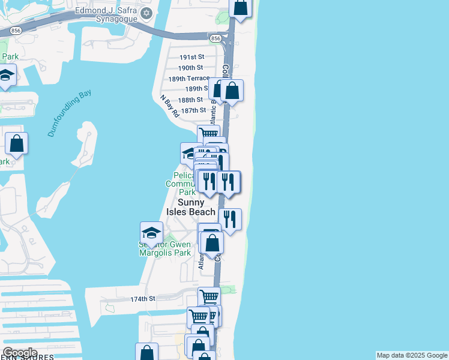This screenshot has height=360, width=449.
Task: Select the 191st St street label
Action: click(192, 57)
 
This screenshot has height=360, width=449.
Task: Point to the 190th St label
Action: click(191, 68)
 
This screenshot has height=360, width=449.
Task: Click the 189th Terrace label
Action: click(189, 79)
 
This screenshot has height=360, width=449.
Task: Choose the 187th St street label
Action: click(193, 110)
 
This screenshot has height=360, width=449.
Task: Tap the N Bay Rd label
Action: click(169, 106)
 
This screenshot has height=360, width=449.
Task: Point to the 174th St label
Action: click(143, 298)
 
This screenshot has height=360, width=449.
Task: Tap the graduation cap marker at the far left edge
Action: click(6, 76)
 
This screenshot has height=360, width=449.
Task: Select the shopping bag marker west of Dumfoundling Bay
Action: click(17, 144)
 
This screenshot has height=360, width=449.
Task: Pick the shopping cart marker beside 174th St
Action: click(209, 297)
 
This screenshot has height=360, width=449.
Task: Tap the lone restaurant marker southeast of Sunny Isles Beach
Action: click(231, 218)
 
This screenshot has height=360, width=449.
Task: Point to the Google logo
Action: click(20, 353)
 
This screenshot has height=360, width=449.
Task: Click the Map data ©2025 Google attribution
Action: click(412, 355)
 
